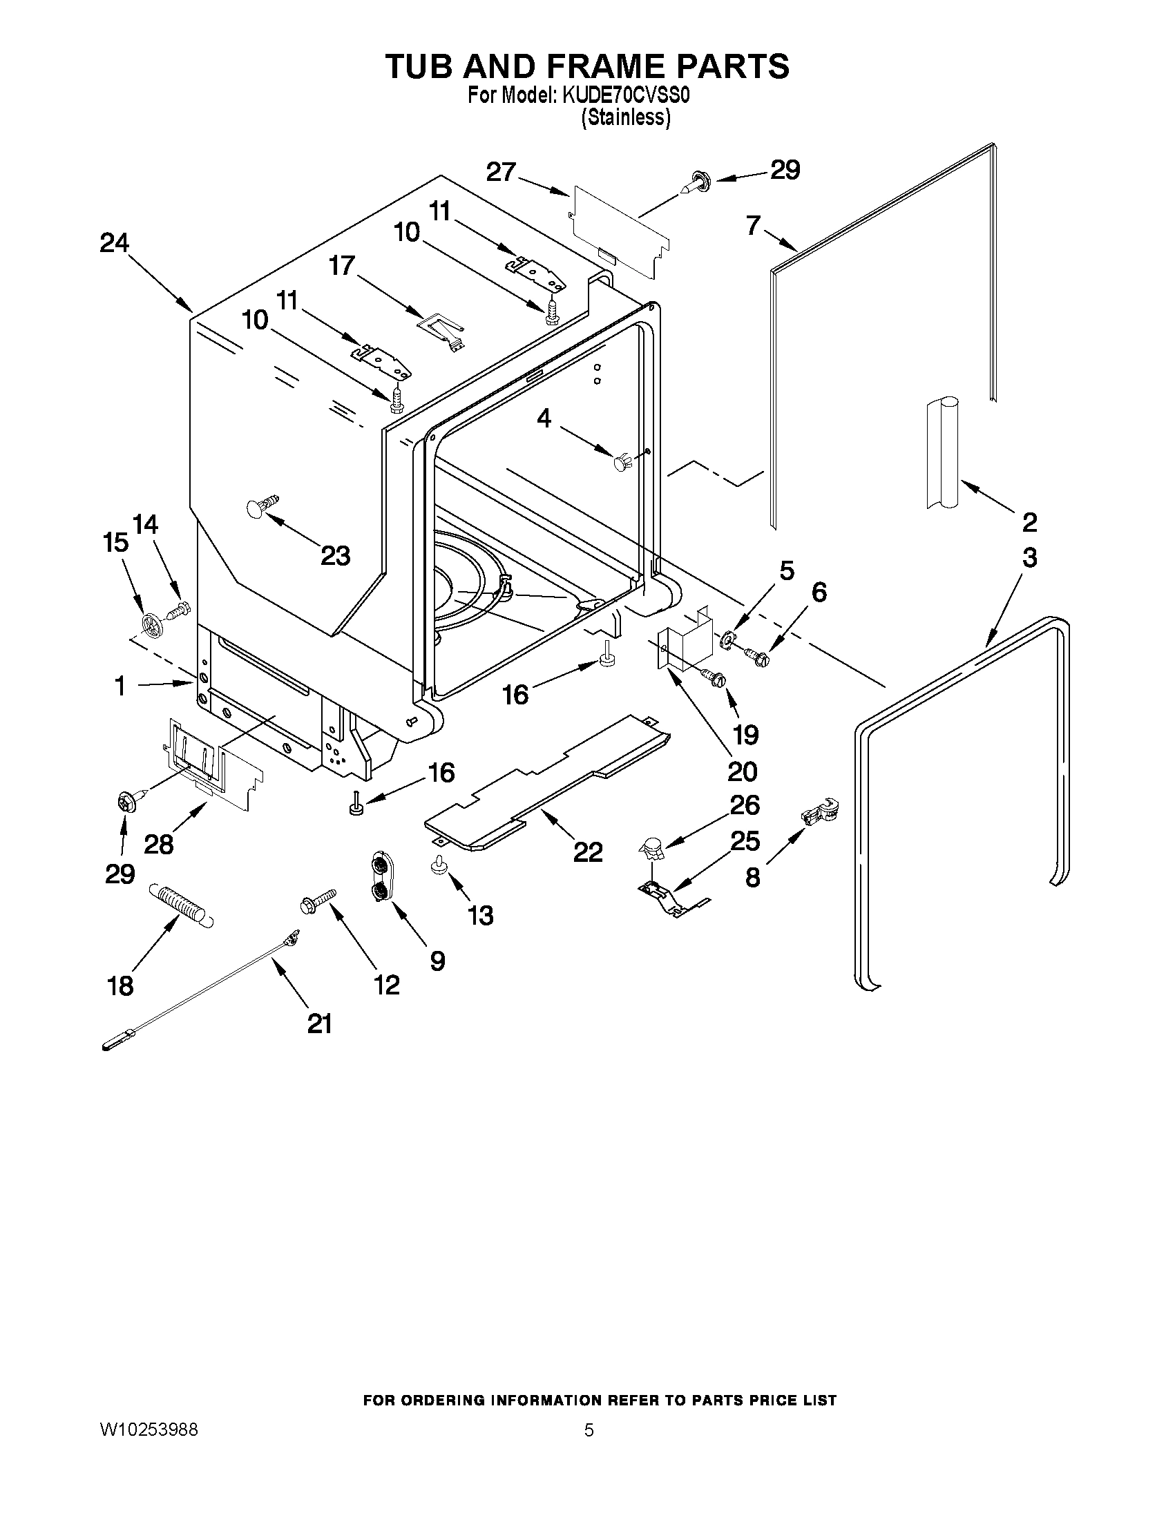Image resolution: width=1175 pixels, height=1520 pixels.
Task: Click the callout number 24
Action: [114, 243]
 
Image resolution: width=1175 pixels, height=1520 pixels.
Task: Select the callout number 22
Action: [587, 852]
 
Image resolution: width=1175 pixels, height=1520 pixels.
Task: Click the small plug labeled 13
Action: [439, 864]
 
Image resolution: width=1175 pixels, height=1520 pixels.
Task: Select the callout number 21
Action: [320, 1023]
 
